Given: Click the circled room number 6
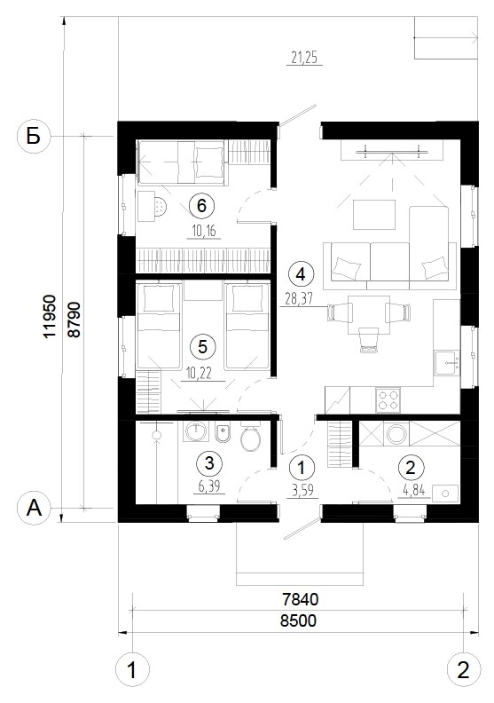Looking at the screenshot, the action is coord(201,205).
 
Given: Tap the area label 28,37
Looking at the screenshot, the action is coord(299,298).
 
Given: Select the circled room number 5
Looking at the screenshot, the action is coord(202,346).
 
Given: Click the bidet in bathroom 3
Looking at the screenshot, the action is coord(223,433).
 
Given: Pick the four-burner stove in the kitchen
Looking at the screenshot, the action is coord(388,400).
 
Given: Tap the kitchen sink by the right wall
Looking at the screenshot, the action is coord(447,363).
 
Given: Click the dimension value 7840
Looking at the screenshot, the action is coord(300,599).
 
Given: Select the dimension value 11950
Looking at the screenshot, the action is coord(50,316).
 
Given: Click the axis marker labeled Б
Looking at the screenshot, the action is coord(34,137).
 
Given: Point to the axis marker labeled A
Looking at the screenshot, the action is coord(34,509).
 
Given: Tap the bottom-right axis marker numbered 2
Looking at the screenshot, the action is coord(464,670).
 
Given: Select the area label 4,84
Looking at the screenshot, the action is coord(414,491).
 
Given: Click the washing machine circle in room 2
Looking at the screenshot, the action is coord(396,434).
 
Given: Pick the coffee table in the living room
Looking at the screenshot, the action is coord(374,215).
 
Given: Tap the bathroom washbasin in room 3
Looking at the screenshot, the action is coord(196,431).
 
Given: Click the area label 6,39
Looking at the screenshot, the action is coord(209,486).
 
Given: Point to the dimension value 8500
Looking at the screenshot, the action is coord(298,620).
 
